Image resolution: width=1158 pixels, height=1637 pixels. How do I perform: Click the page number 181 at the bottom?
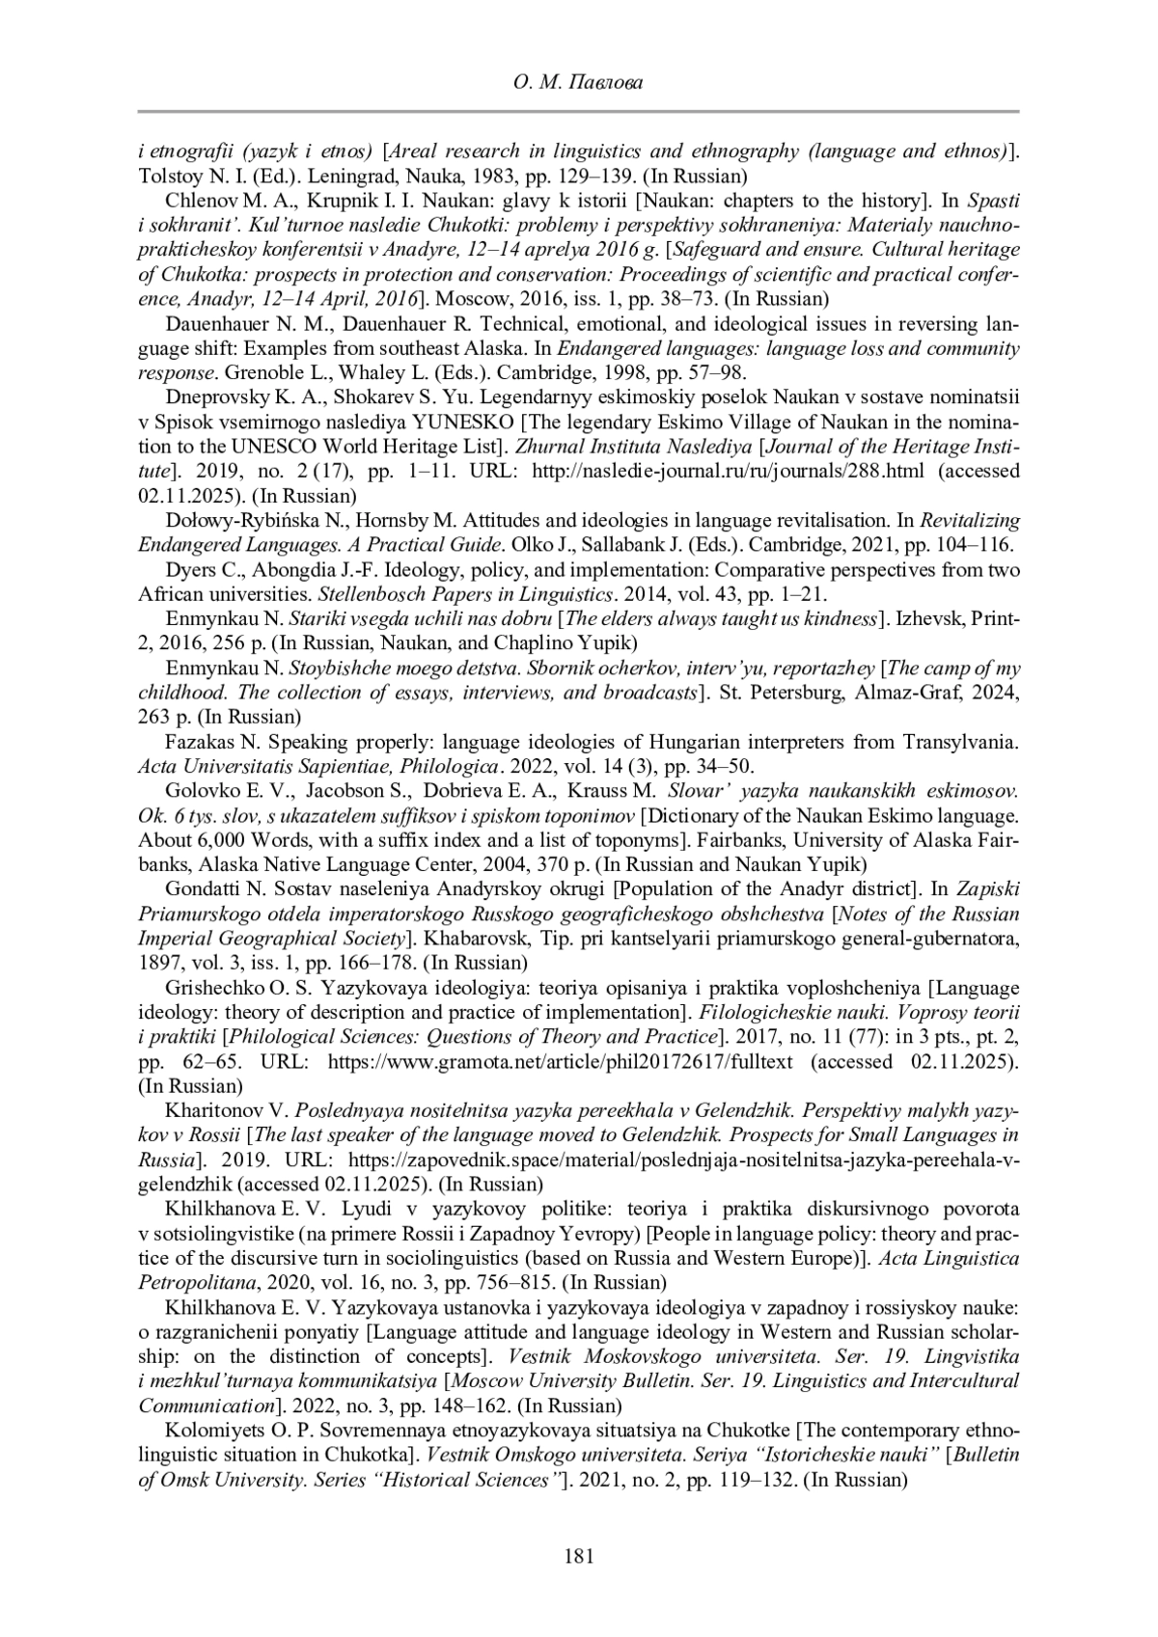point(578,1555)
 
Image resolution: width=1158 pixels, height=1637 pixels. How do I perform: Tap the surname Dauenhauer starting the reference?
point(214,324)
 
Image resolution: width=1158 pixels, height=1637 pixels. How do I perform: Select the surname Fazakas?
point(200,743)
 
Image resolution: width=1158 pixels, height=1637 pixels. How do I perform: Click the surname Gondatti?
point(201,888)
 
